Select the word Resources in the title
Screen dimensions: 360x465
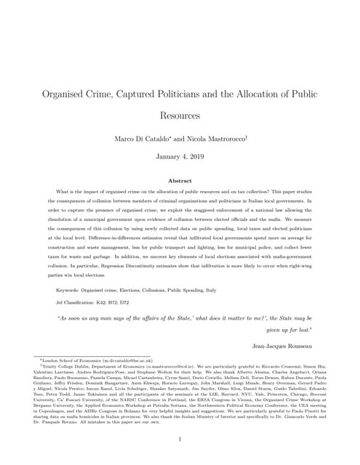pyautogui.click(x=180, y=115)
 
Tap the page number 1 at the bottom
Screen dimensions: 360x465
pyautogui.click(x=180, y=439)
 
